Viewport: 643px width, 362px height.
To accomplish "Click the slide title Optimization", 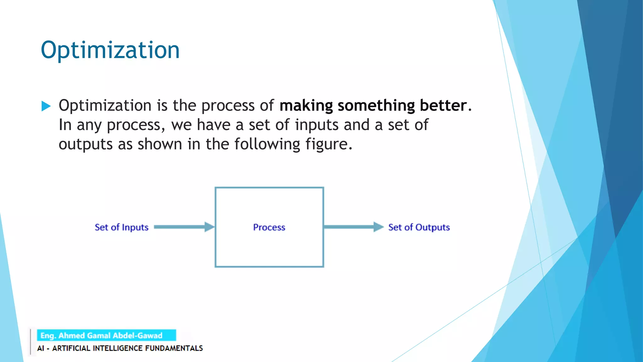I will click(x=110, y=50).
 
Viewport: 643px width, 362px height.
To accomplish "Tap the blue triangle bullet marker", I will click(x=46, y=106).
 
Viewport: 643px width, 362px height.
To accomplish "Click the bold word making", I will click(x=306, y=106).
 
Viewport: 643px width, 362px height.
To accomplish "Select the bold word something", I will click(x=376, y=106).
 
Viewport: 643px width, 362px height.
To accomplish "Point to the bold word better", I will click(x=443, y=106).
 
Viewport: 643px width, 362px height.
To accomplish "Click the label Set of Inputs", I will click(x=122, y=227).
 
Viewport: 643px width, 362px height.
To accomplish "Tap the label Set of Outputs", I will click(x=419, y=227).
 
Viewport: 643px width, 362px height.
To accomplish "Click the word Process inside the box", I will click(x=269, y=227).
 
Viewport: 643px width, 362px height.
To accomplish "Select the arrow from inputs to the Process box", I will click(x=184, y=227).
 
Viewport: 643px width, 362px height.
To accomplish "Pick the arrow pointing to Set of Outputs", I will click(x=353, y=227).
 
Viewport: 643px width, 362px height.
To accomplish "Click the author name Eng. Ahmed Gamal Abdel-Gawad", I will click(x=101, y=336).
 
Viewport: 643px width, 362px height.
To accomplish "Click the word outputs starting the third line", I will click(x=86, y=145).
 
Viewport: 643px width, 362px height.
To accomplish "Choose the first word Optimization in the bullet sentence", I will click(x=105, y=106).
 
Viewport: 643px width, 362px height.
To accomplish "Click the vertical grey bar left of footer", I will click(x=30, y=342).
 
